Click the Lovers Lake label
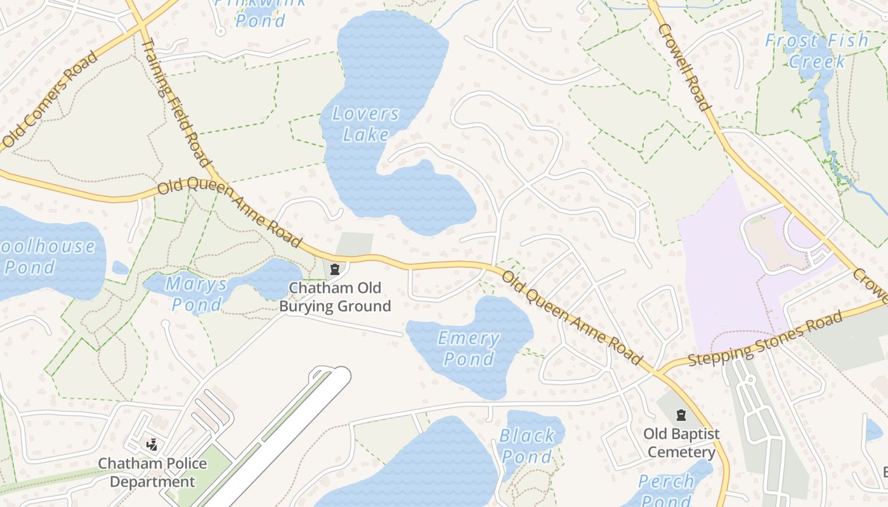366,124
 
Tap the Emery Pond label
469,349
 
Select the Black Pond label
526,446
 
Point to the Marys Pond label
197,294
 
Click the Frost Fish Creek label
816,51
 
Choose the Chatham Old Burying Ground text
336,297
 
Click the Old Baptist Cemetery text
682,443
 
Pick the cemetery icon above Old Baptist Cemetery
682,416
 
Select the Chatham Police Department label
152,473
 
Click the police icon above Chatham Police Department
152,445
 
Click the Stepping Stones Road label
765,338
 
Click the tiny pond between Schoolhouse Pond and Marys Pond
120,267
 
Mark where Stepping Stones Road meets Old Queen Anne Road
658,372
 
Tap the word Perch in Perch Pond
666,482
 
